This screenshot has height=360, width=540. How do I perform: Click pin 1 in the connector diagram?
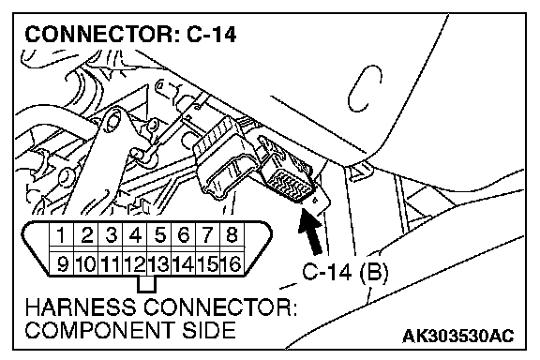coord(62,235)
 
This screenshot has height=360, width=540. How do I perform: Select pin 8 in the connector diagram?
coord(232,235)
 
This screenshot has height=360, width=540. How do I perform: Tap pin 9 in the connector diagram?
coord(62,263)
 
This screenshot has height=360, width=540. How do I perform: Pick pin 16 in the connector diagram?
coord(232,263)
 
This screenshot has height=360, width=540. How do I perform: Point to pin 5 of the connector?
coord(159,235)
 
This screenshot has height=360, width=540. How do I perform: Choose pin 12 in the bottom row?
coord(135,263)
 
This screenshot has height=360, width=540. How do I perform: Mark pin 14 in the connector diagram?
coord(183,263)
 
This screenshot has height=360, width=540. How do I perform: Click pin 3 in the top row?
coord(111,235)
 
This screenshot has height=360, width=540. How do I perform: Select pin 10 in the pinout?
coord(86,263)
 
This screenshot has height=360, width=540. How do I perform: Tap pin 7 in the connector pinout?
coord(208,235)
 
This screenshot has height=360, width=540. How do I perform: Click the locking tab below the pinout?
coord(146,284)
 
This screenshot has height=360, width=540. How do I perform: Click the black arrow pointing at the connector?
coord(310,232)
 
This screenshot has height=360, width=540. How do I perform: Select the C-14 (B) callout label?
coord(345,272)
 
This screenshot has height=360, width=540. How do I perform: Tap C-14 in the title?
coord(212,35)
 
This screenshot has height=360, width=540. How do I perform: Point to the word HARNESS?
coord(81,307)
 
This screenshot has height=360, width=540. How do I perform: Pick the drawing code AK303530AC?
coord(458,336)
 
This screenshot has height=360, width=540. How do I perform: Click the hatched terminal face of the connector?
coord(289,185)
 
